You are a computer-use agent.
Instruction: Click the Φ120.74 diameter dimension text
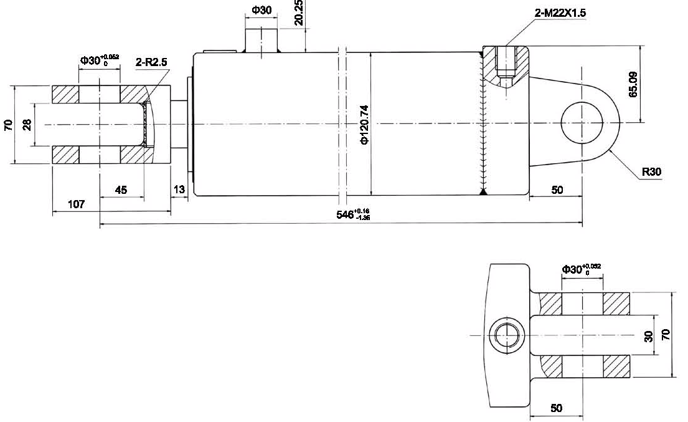coord(365,124)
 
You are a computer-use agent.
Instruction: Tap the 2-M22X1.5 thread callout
coord(560,12)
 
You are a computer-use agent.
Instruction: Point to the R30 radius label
coord(651,172)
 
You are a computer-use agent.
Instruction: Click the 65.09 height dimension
coord(633,84)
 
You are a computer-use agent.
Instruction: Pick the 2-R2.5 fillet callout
coord(151,62)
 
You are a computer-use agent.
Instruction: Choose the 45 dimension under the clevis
coord(121,190)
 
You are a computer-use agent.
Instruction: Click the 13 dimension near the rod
coord(179,189)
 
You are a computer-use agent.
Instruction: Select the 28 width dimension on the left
coord(27,125)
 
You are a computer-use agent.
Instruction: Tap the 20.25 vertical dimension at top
coord(299,12)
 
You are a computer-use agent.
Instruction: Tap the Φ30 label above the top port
coord(262,10)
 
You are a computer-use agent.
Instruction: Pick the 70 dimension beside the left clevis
coord(8,125)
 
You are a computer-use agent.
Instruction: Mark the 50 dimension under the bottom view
coord(557,408)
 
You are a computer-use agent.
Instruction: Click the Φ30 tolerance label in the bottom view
coord(581,269)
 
